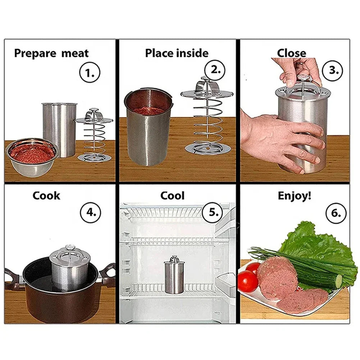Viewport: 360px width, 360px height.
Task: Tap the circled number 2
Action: coord(215,70)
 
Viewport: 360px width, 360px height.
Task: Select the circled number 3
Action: coord(334,70)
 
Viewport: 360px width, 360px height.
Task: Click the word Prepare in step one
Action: coord(35,54)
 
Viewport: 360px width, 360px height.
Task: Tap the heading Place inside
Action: coord(177,53)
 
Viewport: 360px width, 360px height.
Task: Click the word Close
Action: coord(291,53)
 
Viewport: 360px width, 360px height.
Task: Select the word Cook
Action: coord(46,196)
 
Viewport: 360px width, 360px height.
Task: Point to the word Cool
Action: coord(172,196)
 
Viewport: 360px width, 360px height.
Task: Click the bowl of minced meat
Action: coord(32,156)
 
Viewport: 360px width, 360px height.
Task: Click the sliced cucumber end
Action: coord(338,282)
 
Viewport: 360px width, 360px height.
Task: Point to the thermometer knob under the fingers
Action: coord(301,78)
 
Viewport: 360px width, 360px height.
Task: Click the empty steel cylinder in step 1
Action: coord(59,128)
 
